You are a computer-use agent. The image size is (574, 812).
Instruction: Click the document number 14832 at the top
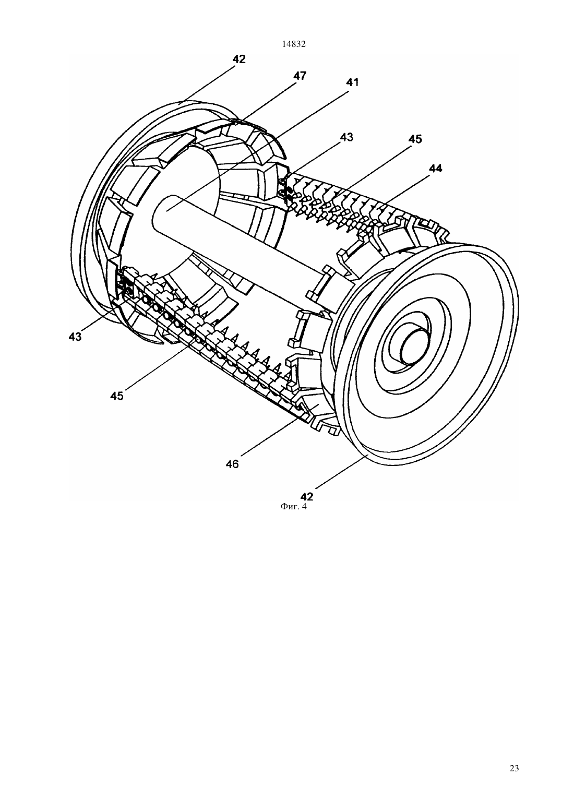pos(294,44)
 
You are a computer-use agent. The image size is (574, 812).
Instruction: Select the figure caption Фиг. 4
pos(293,507)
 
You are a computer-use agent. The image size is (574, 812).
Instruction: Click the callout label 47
pos(300,76)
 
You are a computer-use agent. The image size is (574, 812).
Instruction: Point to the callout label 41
pos(352,82)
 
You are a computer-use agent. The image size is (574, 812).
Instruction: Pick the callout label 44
pos(435,169)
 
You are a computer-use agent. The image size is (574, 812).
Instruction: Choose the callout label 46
pos(232,464)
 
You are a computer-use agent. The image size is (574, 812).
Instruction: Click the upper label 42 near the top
pos(239,59)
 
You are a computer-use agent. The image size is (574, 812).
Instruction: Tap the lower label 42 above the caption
pos(307,496)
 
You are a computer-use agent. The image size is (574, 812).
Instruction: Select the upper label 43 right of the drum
pos(346,137)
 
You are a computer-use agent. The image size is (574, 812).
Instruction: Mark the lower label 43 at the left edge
pos(75,337)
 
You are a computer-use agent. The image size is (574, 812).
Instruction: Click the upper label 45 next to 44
pos(415,139)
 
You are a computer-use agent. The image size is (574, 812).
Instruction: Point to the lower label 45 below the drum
pos(117,396)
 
